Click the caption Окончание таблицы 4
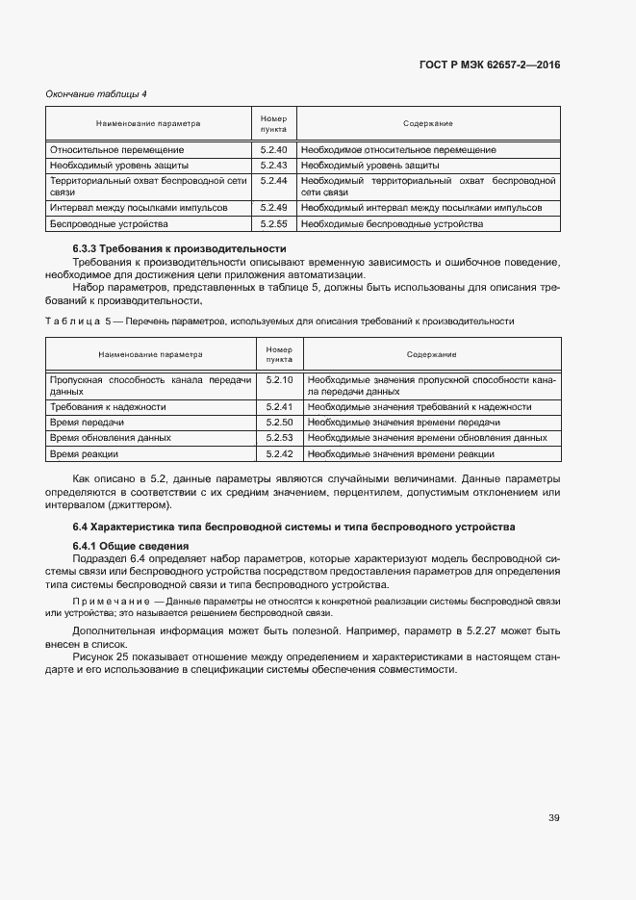click(x=96, y=93)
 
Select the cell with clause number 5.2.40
click(x=274, y=150)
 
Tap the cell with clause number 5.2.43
click(x=274, y=166)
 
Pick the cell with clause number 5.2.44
click(x=274, y=181)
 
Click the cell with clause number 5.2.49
click(x=274, y=208)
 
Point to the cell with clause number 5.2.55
click(x=274, y=223)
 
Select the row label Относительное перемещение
click(x=116, y=150)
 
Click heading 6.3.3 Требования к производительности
click(x=180, y=249)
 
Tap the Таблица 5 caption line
click(x=279, y=321)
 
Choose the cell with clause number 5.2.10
click(x=280, y=380)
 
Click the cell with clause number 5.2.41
click(x=280, y=407)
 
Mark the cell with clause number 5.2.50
click(x=280, y=423)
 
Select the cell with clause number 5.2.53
click(x=280, y=438)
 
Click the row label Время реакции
click(x=85, y=453)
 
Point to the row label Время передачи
click(x=88, y=423)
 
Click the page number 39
click(x=553, y=818)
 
